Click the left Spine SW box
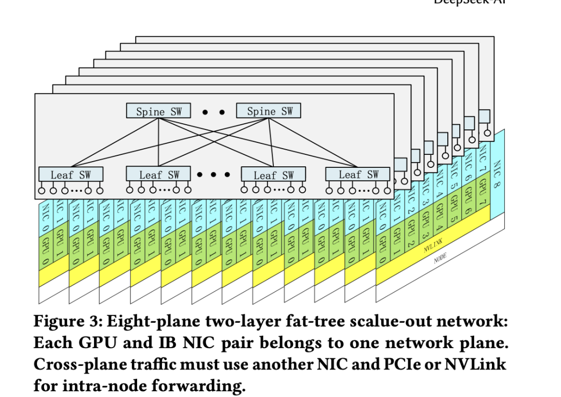tap(158, 111)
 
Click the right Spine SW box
tap(268, 111)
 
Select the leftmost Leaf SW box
tap(71, 174)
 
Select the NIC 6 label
tap(467, 167)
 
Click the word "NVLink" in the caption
tap(478, 364)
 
